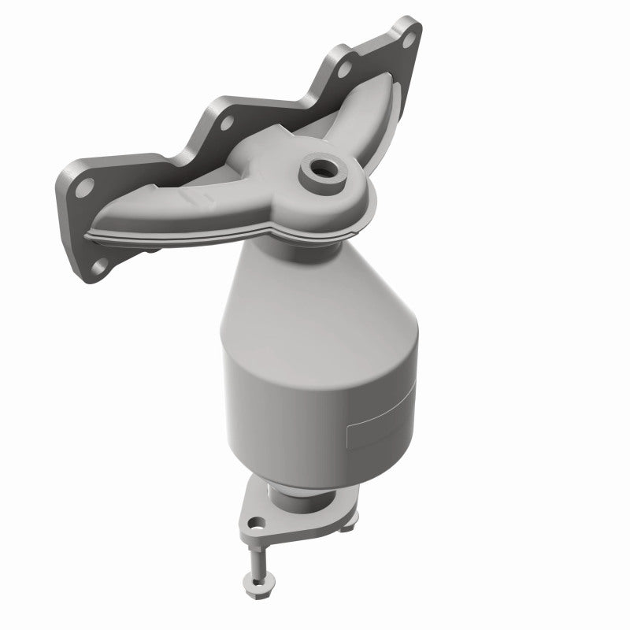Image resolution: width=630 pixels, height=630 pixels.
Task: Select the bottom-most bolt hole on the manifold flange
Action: point(98,265)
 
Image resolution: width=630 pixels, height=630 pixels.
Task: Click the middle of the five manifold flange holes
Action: point(227,124)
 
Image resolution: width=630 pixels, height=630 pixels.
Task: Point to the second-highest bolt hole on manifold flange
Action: point(344,69)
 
